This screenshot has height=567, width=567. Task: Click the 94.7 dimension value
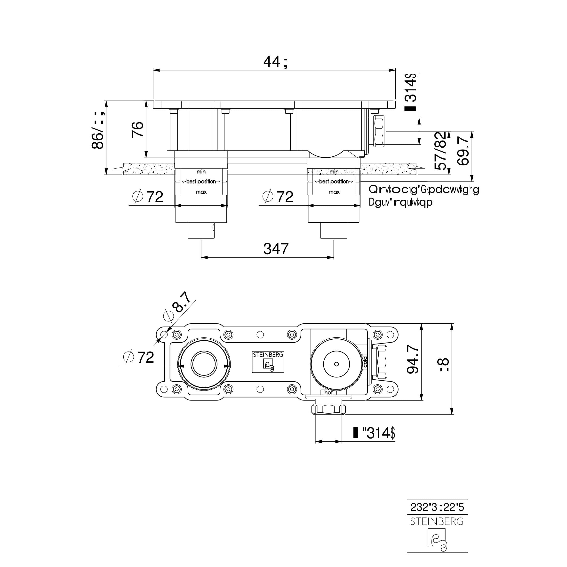point(413,359)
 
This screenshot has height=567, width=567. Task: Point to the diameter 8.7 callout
point(177,306)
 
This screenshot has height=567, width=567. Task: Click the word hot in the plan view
point(328,393)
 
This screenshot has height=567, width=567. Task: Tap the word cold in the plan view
point(365,362)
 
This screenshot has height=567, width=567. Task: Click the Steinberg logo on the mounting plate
point(268,362)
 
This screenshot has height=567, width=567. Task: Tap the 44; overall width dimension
point(276,62)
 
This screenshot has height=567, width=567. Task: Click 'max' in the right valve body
point(334,192)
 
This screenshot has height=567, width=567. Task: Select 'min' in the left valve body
point(201,172)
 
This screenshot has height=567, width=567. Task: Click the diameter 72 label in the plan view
point(138,357)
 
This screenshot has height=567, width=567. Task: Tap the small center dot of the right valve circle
point(336,364)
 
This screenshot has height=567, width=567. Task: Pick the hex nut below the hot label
point(328,408)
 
